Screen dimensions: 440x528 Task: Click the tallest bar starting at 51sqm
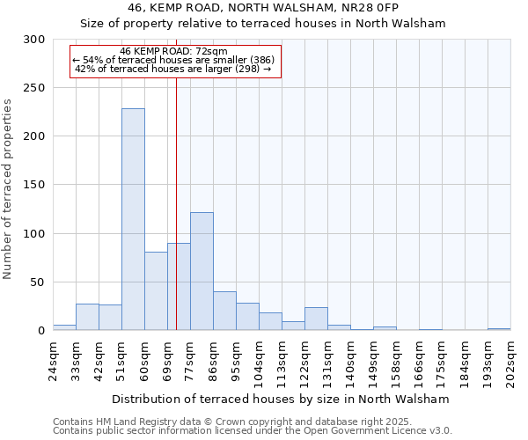(x=133, y=220)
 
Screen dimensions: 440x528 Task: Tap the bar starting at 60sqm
(x=156, y=291)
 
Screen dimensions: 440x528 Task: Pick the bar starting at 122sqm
(x=316, y=319)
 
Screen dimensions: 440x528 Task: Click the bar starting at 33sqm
(x=87, y=317)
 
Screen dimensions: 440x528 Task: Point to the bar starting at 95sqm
(x=247, y=317)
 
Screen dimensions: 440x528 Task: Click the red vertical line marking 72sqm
(x=176, y=176)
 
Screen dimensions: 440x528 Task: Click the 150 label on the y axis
(x=35, y=185)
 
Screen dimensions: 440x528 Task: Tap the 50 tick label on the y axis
(x=39, y=282)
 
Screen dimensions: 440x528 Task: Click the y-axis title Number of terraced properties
(x=9, y=188)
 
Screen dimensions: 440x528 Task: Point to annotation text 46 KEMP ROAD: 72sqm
(x=174, y=51)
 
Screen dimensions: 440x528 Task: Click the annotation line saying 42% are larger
(x=174, y=69)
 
